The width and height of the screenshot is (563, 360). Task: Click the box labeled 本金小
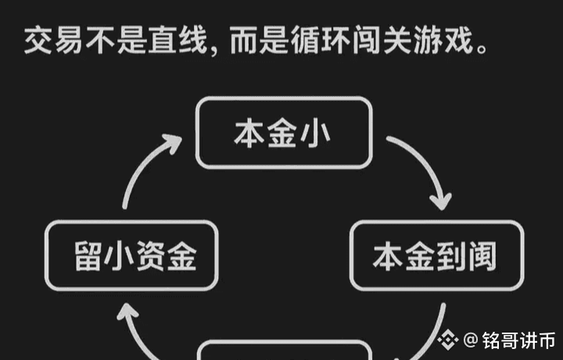point(282,132)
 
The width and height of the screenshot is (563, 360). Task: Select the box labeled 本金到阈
point(436,256)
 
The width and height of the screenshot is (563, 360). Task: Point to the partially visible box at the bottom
point(282,351)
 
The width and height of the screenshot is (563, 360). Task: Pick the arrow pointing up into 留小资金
point(133,329)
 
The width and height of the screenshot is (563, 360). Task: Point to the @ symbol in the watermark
point(470,340)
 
